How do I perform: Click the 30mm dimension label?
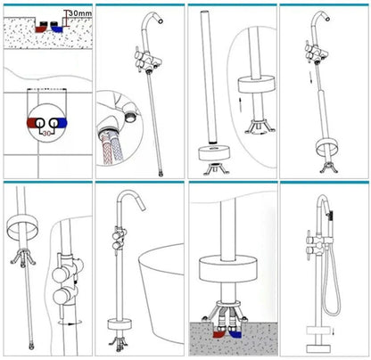click(80, 13)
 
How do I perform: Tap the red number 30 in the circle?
click(46, 134)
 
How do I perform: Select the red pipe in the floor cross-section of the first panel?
click(40, 29)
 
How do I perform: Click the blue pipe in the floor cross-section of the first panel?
click(57, 29)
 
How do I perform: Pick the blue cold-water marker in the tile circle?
click(62, 123)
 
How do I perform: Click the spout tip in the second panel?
click(161, 20)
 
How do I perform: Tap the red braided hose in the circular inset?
click(106, 149)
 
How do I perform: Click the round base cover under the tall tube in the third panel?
click(214, 153)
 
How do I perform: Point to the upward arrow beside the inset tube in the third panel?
click(239, 104)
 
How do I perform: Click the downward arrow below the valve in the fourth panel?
click(311, 78)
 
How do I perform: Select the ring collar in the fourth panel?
click(327, 147)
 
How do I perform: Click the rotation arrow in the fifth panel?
click(70, 323)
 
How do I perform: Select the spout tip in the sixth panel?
click(143, 207)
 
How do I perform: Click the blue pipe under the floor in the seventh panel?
click(235, 333)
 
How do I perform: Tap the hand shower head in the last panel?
click(331, 213)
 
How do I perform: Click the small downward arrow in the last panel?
click(334, 331)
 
